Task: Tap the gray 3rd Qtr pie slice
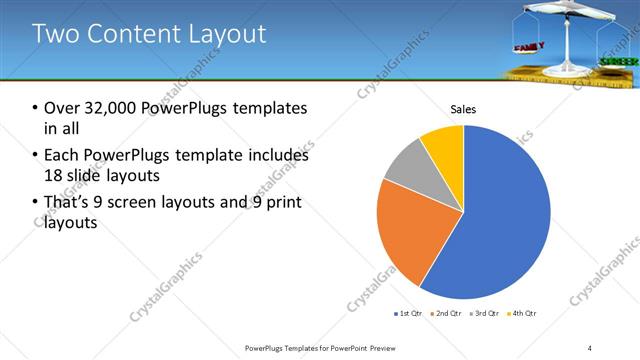406,164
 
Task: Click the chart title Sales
463,109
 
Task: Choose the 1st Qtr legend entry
411,314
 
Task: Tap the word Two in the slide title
54,35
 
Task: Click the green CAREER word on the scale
613,62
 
